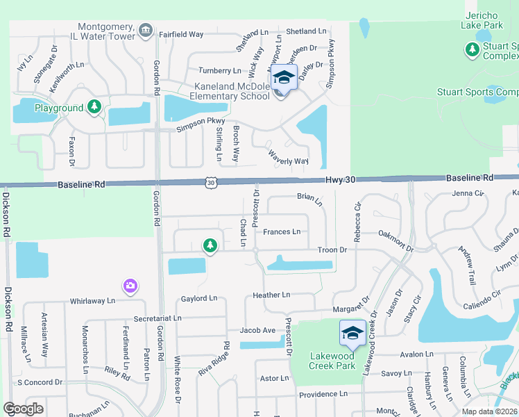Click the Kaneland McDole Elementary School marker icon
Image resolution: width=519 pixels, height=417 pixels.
283,78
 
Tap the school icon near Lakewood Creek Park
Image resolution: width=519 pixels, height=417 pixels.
352,334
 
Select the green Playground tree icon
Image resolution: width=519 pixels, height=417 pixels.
94,108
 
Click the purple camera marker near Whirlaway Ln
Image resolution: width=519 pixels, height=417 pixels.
130,286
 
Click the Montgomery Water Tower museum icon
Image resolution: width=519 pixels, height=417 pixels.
146,29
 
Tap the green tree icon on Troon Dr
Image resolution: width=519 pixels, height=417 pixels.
210,245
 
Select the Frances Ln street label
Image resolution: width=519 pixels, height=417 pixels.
282,231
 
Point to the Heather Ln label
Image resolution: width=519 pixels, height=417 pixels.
271,295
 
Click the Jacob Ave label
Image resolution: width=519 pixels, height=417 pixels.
258,330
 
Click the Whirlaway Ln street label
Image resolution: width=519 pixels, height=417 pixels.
92,301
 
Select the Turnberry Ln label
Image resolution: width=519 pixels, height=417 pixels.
219,70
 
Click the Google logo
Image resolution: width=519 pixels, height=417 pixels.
23,408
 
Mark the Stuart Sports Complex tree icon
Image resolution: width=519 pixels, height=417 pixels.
472,49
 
